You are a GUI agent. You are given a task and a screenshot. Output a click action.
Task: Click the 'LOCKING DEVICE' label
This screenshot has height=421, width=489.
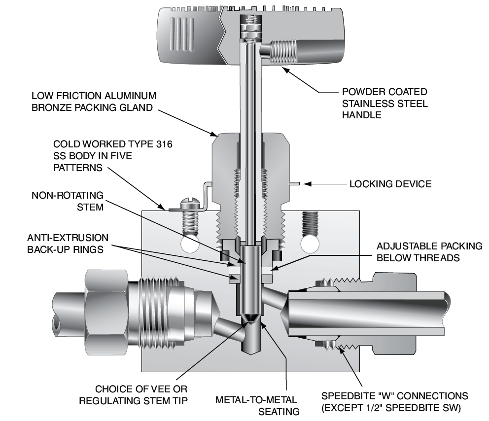[390, 184]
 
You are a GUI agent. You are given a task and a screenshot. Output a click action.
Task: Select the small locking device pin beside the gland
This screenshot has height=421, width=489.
[294, 184]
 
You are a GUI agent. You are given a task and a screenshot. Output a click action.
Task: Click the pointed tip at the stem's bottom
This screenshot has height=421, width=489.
[250, 319]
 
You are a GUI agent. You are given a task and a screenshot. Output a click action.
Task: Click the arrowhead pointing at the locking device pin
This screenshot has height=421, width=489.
[306, 184]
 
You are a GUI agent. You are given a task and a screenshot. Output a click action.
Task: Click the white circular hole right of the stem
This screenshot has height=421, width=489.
[311, 244]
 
